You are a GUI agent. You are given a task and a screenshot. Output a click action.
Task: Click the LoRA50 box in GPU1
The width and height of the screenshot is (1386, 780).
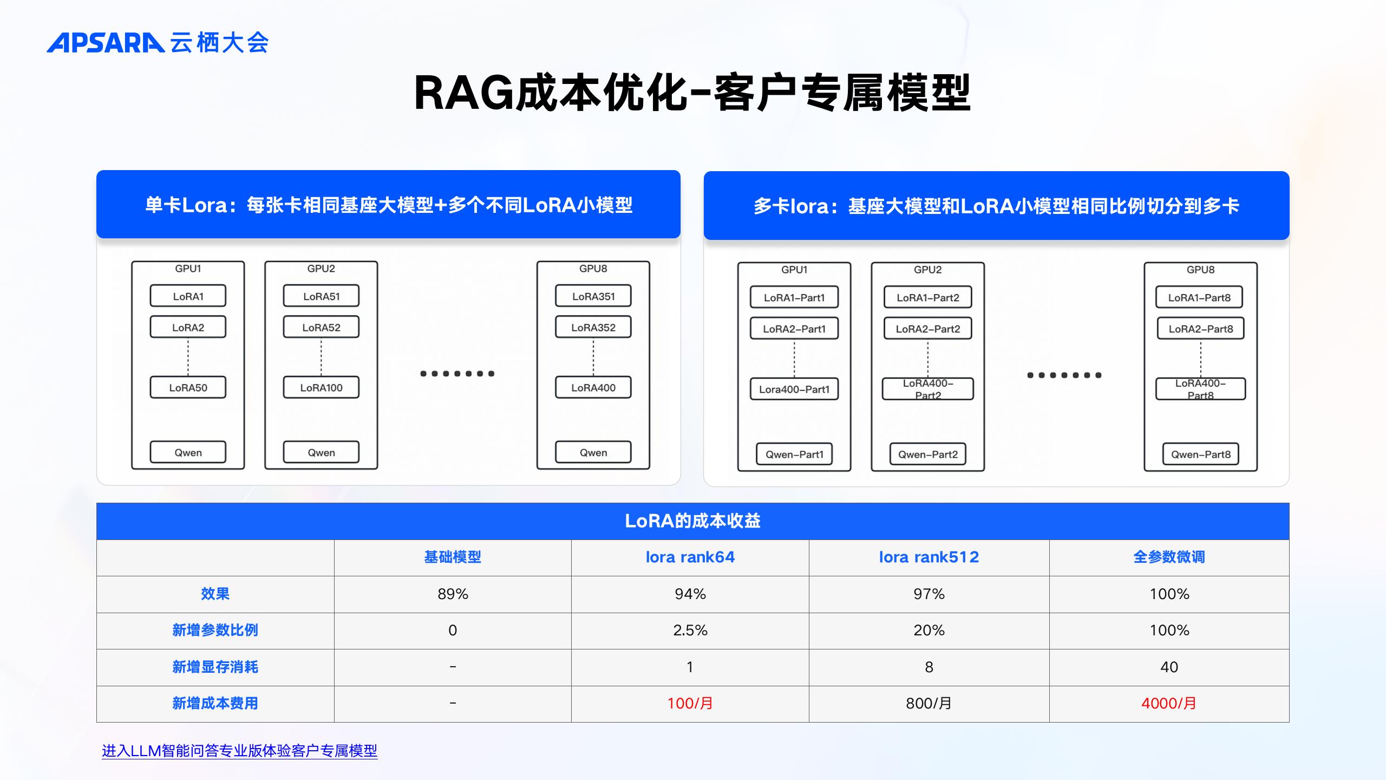coord(188,388)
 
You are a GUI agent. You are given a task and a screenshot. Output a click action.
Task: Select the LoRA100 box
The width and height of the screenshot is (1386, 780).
coord(321,388)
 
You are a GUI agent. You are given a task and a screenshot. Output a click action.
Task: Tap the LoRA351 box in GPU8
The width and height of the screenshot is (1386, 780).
coord(593,296)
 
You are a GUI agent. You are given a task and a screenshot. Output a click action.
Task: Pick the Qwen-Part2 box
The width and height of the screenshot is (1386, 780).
coord(928,454)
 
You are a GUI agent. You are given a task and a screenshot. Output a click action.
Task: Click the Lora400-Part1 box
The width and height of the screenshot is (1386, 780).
coord(794,389)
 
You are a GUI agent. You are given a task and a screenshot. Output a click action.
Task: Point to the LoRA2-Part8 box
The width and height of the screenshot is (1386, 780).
coord(1201,329)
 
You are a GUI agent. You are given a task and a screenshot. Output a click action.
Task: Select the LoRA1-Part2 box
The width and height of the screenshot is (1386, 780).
coord(928,297)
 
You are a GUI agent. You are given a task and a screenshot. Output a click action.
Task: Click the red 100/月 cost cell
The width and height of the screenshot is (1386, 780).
coord(690,703)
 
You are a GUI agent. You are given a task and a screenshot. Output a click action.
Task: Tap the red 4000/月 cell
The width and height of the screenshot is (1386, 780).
coord(1169,703)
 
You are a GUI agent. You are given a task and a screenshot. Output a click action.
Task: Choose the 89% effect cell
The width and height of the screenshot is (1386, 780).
coord(453,594)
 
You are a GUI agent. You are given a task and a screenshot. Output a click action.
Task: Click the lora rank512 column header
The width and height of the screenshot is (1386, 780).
coord(929,557)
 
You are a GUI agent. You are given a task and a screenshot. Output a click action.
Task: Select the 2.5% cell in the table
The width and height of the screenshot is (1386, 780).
coord(690,630)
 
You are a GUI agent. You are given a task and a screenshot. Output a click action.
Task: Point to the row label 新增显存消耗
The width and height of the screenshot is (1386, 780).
coord(215,667)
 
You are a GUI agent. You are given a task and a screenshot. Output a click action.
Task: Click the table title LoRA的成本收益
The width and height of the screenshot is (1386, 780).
coord(692,521)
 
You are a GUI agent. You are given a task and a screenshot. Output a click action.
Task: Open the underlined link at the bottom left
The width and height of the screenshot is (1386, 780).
coord(239,751)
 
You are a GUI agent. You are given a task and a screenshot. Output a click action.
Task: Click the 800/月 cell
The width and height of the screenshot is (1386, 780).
coord(929,703)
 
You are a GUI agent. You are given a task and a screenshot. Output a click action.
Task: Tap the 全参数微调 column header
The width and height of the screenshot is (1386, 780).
coord(1169,557)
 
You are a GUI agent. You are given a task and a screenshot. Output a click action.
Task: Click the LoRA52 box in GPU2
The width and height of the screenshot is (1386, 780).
coord(321,328)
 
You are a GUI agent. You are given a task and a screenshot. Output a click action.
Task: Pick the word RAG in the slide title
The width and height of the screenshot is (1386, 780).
coord(463,93)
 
